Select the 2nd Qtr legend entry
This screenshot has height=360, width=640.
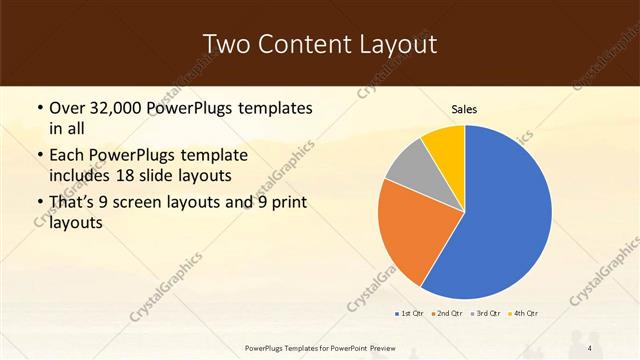click(x=445, y=314)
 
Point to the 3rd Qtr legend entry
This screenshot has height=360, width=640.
click(x=485, y=314)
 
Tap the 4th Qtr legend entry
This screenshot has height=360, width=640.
click(x=524, y=314)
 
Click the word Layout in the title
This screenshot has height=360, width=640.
click(x=393, y=44)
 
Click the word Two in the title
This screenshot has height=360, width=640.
click(x=226, y=44)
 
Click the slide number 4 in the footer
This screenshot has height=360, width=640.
click(x=590, y=347)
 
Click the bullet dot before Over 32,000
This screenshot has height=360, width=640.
click(x=39, y=108)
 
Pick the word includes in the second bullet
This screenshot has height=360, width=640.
click(x=76, y=175)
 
